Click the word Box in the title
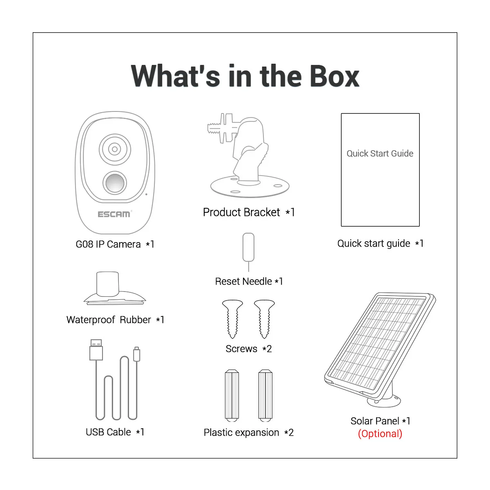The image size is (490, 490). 334,76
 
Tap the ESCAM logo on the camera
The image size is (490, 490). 114,214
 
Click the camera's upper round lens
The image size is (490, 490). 115,149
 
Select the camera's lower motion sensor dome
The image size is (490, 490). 115,183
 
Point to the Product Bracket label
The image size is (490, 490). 249,212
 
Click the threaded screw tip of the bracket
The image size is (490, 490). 213,128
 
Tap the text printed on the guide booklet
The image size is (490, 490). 380,154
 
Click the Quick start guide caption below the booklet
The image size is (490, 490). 380,243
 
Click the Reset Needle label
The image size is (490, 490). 249,281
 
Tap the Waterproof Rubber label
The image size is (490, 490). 115,320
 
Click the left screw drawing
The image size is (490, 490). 232,319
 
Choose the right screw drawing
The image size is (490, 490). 264,319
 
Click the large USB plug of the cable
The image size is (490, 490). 96,350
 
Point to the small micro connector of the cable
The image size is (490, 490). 137,354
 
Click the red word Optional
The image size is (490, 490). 380,434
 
